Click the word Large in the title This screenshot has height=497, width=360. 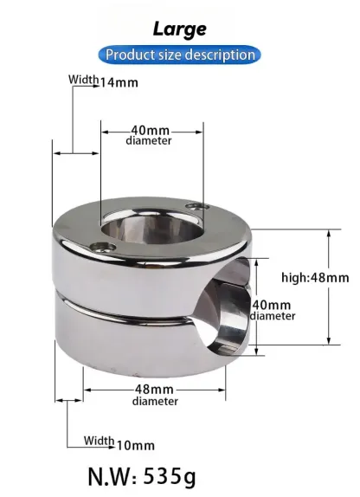coord(180,29)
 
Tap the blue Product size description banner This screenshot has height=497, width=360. coord(180,55)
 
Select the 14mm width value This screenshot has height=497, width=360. coord(119,83)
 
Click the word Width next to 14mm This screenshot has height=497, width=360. coord(84,81)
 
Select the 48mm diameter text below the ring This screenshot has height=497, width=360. coord(156,389)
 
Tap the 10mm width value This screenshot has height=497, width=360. coord(135,445)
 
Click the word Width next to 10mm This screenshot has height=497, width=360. coord(99,442)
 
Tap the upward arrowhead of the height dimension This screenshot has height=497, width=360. coord(327,234)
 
